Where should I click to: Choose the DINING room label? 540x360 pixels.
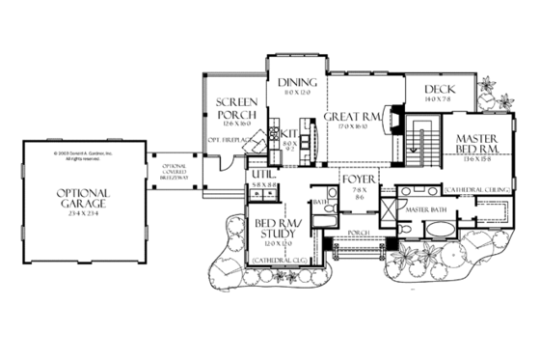pos(298,84)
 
